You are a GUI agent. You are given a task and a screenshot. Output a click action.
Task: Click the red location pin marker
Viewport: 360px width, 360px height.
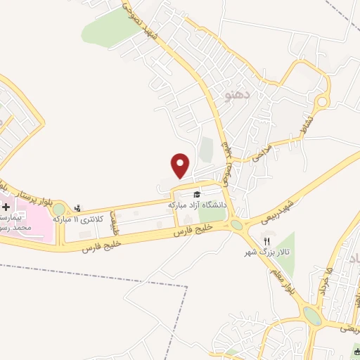coord(181,165)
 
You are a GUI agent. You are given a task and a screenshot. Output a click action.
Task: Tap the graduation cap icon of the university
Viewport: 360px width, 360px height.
coord(198,195)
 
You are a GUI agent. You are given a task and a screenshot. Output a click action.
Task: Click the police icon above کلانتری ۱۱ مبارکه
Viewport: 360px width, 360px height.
coord(77,207)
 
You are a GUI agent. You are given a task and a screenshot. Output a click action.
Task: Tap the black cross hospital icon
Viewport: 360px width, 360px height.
coord(6,208)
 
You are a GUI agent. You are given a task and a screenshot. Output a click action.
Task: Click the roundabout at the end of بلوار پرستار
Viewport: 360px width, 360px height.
coord(58,209)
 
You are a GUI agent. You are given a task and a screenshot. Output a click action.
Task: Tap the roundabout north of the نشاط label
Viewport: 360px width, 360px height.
coord(322,102)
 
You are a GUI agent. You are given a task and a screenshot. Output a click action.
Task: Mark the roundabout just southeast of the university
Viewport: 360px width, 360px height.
coord(236,224)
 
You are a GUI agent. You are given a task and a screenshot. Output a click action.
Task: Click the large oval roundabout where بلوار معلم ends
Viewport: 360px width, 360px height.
coord(312,315)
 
